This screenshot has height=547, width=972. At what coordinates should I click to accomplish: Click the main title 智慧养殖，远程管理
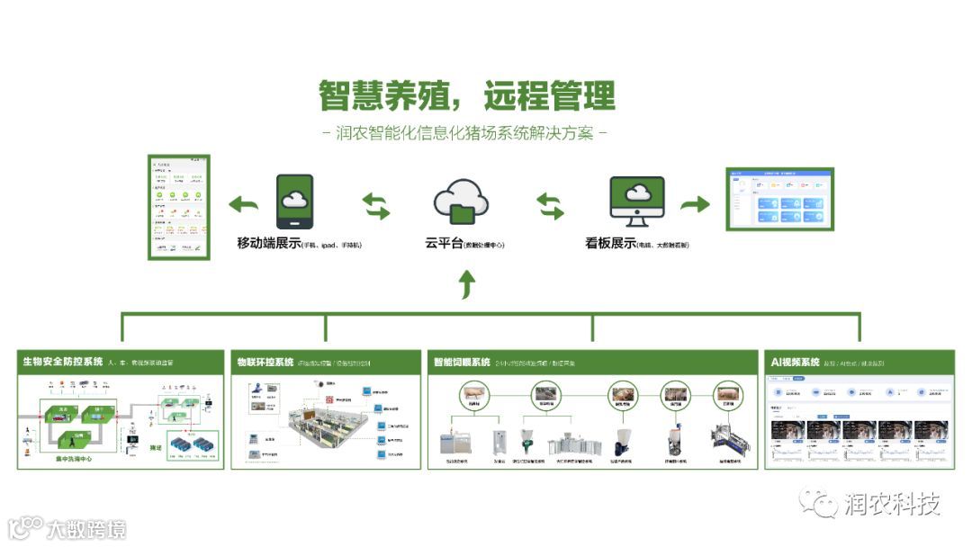point(467,95)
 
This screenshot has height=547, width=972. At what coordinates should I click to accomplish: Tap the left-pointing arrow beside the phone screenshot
point(243,204)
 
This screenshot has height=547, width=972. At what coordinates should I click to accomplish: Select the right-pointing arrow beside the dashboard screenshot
point(694,204)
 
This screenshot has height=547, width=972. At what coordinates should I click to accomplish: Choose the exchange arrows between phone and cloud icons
point(376,206)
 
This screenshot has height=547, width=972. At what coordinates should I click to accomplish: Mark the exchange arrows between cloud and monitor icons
point(550,206)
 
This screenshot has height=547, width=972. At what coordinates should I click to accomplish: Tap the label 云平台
point(444,243)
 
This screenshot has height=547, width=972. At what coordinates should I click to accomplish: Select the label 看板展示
point(610,243)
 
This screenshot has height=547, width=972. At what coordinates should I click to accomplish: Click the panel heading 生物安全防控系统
point(63,363)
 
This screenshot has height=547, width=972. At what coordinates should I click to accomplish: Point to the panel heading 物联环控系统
point(265,363)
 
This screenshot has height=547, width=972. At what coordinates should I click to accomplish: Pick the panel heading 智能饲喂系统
point(461,363)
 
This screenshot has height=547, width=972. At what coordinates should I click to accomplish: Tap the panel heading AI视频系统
point(795,363)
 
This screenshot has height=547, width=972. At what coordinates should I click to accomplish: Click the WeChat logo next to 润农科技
point(819,502)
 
